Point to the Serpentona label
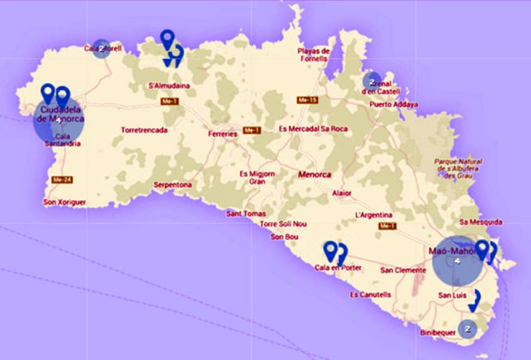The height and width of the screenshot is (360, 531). coord(173,185)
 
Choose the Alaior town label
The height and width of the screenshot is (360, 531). coord(341,192)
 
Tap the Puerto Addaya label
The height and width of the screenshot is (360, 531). coord(394,104)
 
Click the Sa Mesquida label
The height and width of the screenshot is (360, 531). coord(481,222)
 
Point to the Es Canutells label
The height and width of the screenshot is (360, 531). coord(370,295)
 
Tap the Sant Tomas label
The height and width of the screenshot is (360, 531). coord(246,213)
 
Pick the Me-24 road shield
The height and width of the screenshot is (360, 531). coord(59,180)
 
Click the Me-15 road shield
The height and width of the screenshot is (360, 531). coord(308,101)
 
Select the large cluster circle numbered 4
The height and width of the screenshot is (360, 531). coord(458,261)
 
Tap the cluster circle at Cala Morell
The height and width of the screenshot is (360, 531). coord(102,47)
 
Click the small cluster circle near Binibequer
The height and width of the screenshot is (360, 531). coord(467,329)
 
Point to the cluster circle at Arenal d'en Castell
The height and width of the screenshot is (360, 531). coord(372,81)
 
